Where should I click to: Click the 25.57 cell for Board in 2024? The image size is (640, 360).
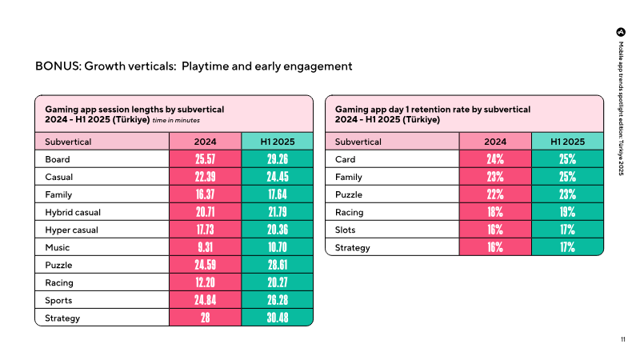point(205,159)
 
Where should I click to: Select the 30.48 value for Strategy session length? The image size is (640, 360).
point(278,318)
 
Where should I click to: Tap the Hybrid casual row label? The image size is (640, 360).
point(73,212)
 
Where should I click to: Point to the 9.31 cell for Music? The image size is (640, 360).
point(205,247)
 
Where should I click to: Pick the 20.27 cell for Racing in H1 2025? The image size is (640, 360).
point(278,282)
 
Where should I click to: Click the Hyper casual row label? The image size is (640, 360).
point(71,230)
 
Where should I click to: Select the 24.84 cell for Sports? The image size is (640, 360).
point(205,300)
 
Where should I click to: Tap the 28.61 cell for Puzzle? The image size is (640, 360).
point(278,265)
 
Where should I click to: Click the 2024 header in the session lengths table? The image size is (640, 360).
point(205,142)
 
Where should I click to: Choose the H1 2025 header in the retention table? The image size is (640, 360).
point(567,142)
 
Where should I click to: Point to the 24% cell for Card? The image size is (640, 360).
point(495,159)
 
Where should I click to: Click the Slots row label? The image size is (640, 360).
point(345,230)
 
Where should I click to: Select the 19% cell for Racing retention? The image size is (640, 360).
point(567,212)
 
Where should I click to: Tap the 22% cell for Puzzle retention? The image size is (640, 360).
point(495,194)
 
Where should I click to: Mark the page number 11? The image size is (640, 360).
point(623,339)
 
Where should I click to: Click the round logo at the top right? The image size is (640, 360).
point(621,32)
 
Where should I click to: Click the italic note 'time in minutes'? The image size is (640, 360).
point(176,121)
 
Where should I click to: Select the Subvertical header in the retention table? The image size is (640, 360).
point(358,142)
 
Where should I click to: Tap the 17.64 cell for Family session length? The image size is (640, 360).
point(278,194)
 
